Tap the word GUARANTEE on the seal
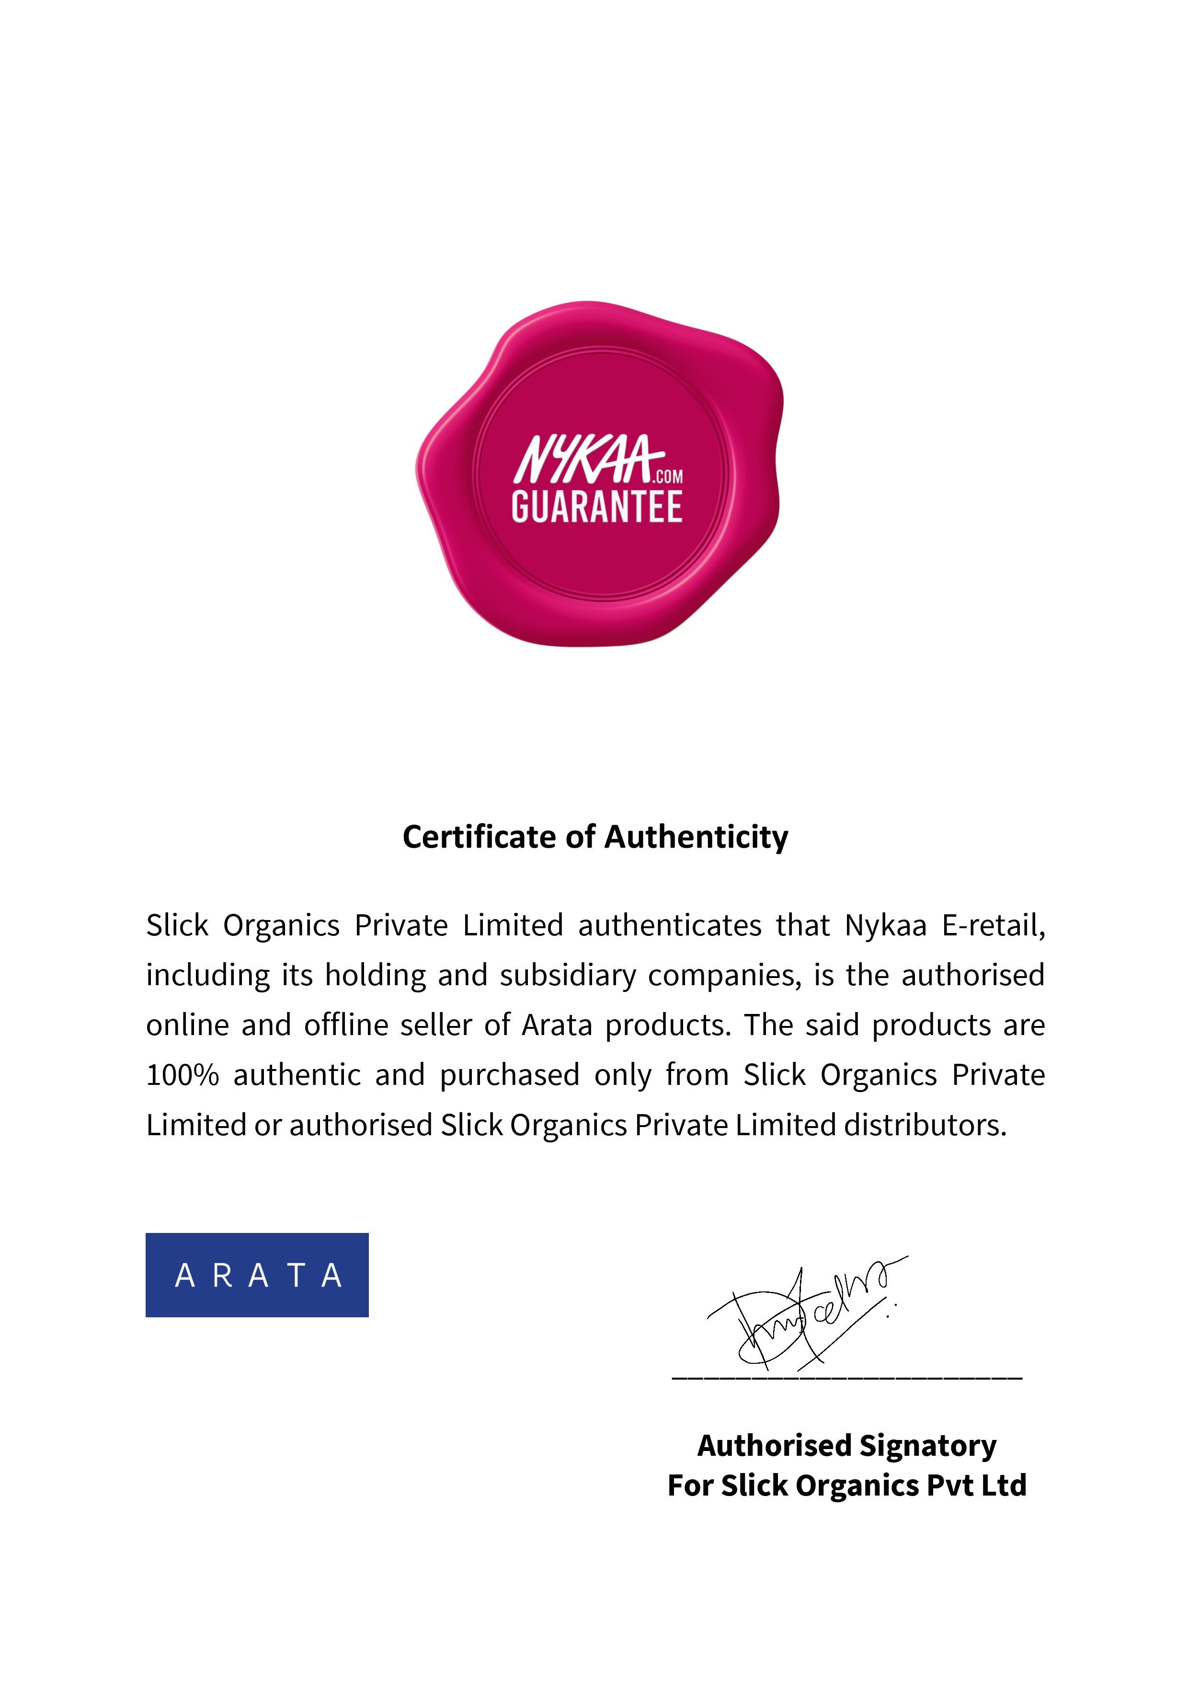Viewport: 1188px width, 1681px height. (596, 507)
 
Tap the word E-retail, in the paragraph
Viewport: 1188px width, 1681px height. (994, 925)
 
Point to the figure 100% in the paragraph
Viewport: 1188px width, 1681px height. (182, 1075)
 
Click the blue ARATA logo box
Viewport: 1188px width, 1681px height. (257, 1275)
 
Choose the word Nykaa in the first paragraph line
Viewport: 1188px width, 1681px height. (886, 925)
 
